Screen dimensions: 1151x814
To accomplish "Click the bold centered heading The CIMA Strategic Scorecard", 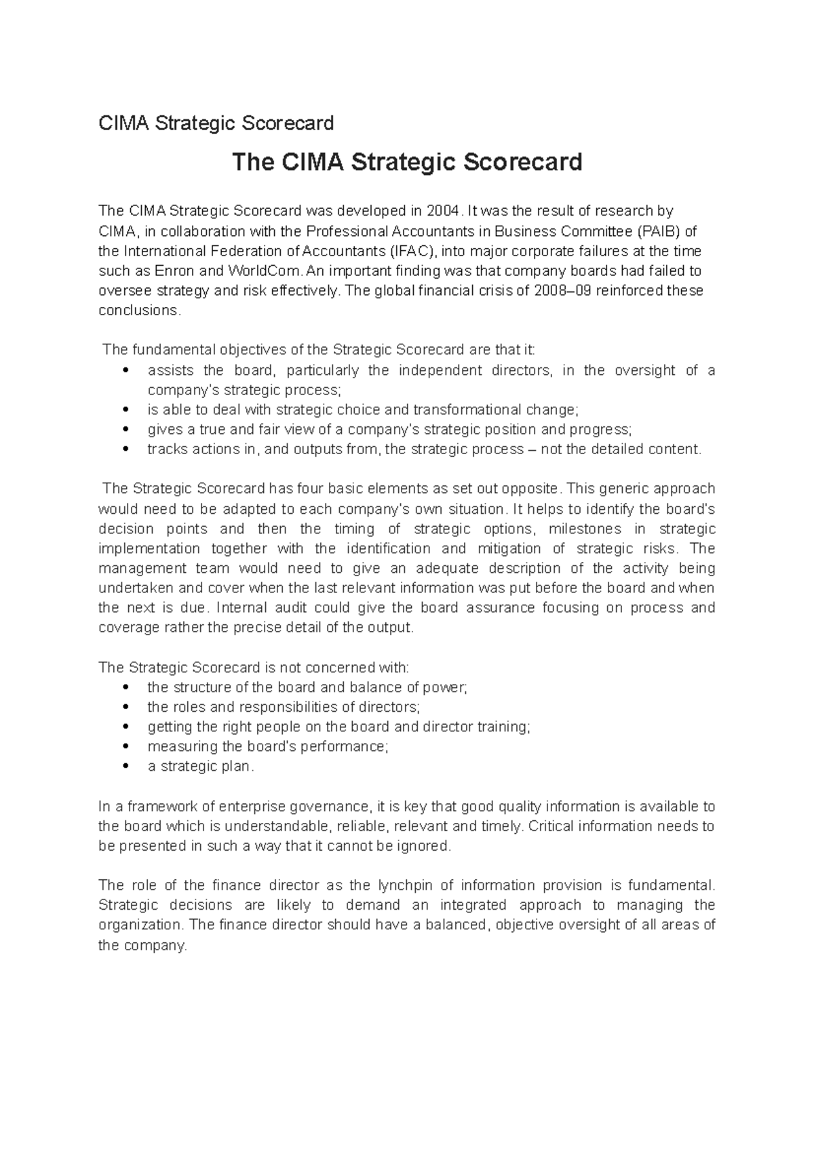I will pos(407,163).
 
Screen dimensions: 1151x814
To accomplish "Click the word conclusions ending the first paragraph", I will pos(138,310).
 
